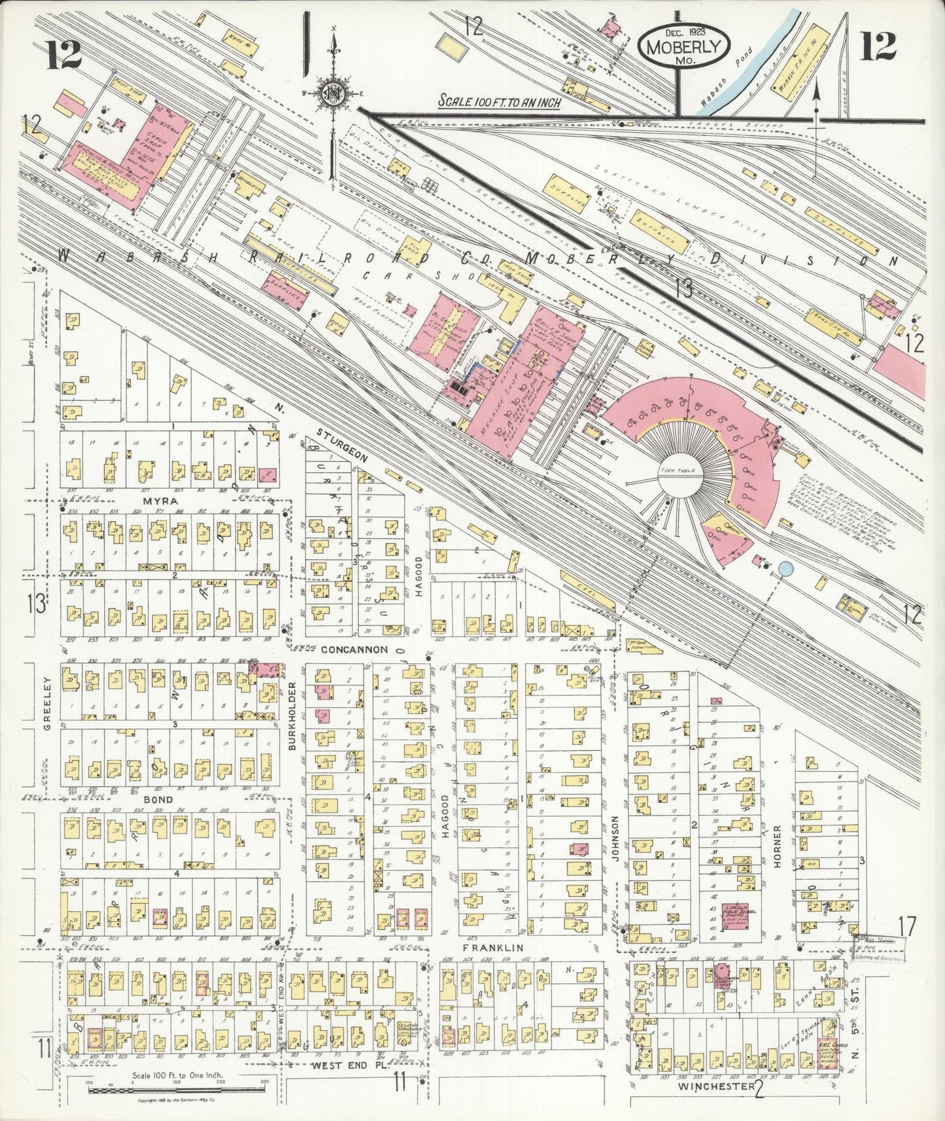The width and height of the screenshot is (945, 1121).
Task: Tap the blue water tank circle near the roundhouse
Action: (785, 570)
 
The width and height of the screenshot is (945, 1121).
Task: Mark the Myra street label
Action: (152, 500)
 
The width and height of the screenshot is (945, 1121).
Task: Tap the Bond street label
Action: (158, 799)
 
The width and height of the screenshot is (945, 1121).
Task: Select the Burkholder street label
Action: (292, 716)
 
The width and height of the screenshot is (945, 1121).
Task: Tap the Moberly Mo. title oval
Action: (684, 46)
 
